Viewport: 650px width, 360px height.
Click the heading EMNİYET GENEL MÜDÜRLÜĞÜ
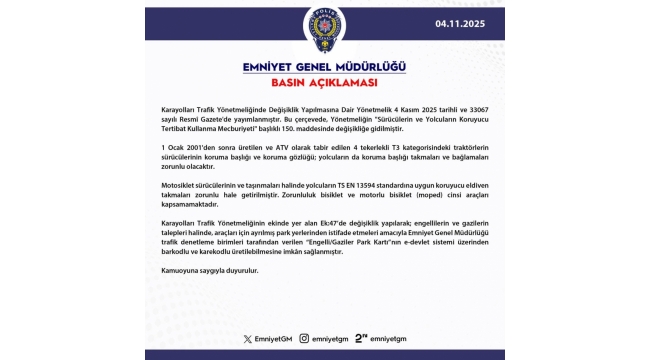[x=325, y=68]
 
